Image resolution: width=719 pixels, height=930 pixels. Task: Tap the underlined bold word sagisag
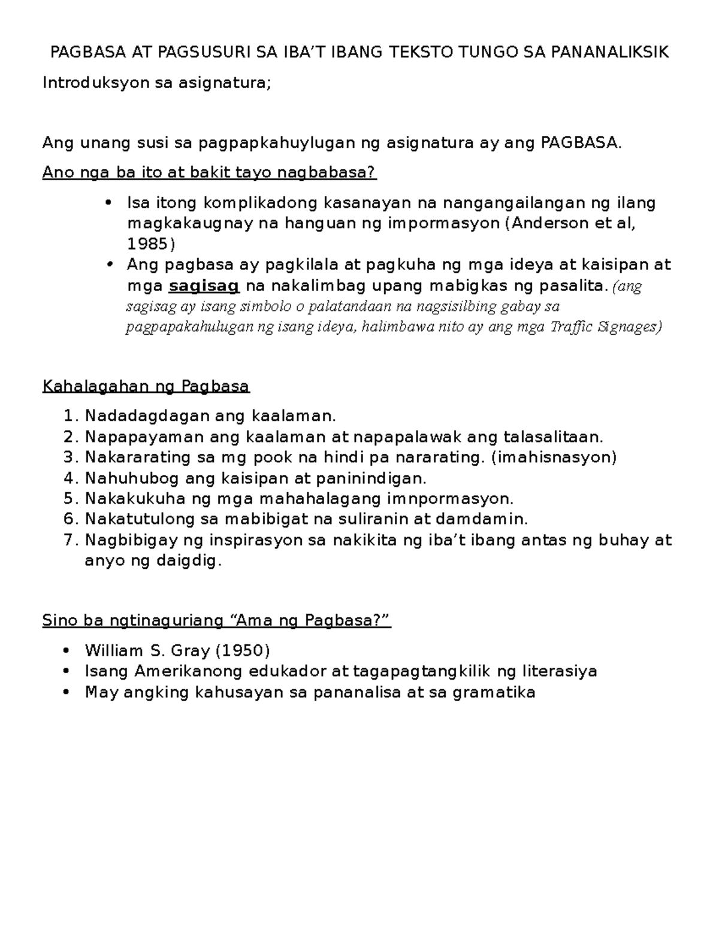pyautogui.click(x=204, y=286)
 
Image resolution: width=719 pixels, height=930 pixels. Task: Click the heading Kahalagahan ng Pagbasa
pyautogui.click(x=146, y=386)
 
